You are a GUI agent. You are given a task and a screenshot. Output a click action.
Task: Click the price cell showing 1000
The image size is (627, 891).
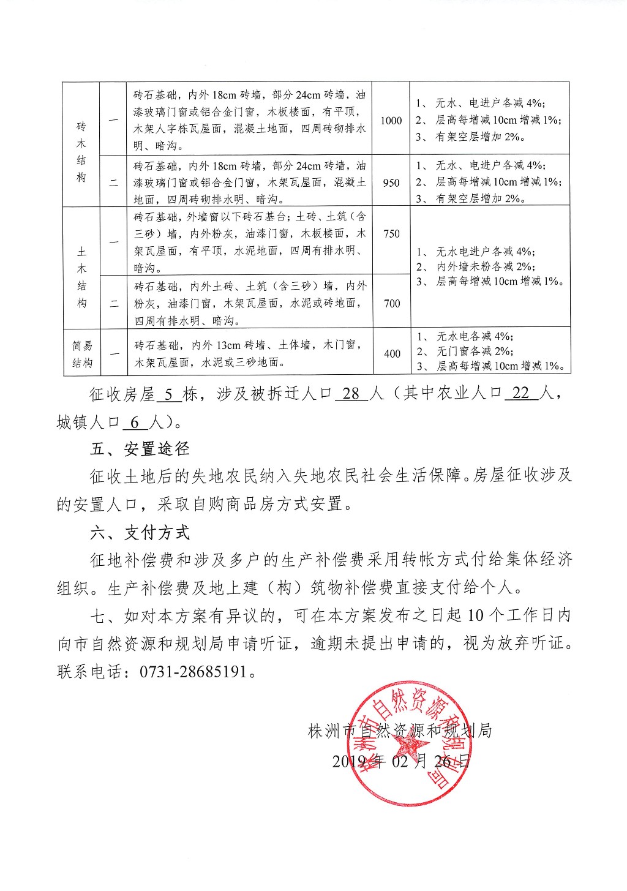tap(391, 121)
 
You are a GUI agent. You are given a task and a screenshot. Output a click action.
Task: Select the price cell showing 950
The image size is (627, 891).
tap(391, 182)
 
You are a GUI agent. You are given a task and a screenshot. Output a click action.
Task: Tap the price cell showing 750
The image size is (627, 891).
tap(391, 233)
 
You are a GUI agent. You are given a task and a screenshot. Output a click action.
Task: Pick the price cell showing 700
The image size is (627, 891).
tap(391, 303)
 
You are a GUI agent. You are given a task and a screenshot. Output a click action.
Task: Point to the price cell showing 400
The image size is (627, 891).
tap(392, 353)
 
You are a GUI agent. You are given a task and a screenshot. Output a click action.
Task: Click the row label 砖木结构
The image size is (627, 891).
tap(81, 152)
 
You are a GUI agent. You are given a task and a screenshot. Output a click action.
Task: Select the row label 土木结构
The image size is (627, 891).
tap(82, 277)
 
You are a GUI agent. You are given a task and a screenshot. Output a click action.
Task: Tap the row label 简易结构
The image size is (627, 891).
tap(82, 355)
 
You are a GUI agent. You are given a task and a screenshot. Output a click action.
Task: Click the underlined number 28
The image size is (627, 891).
tap(351, 394)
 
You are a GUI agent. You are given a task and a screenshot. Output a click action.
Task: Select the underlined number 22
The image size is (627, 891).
tap(520, 394)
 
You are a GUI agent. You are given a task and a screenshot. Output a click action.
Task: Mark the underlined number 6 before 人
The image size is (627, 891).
tap(135, 423)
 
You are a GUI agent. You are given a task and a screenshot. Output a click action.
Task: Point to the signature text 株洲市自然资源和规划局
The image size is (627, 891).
tap(400, 731)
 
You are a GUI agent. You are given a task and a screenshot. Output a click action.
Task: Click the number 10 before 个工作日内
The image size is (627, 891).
tap(475, 615)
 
